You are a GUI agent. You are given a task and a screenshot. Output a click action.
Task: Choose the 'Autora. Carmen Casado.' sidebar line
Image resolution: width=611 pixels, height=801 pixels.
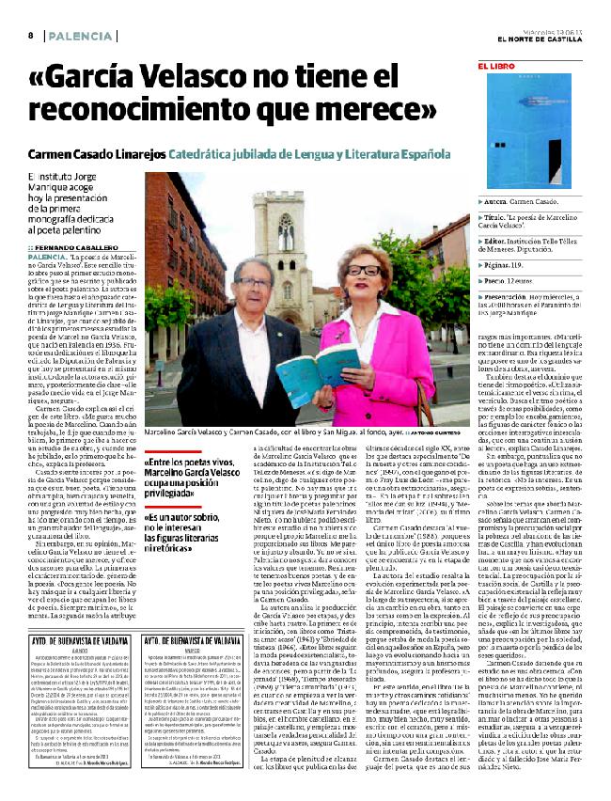[x=525, y=202]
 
